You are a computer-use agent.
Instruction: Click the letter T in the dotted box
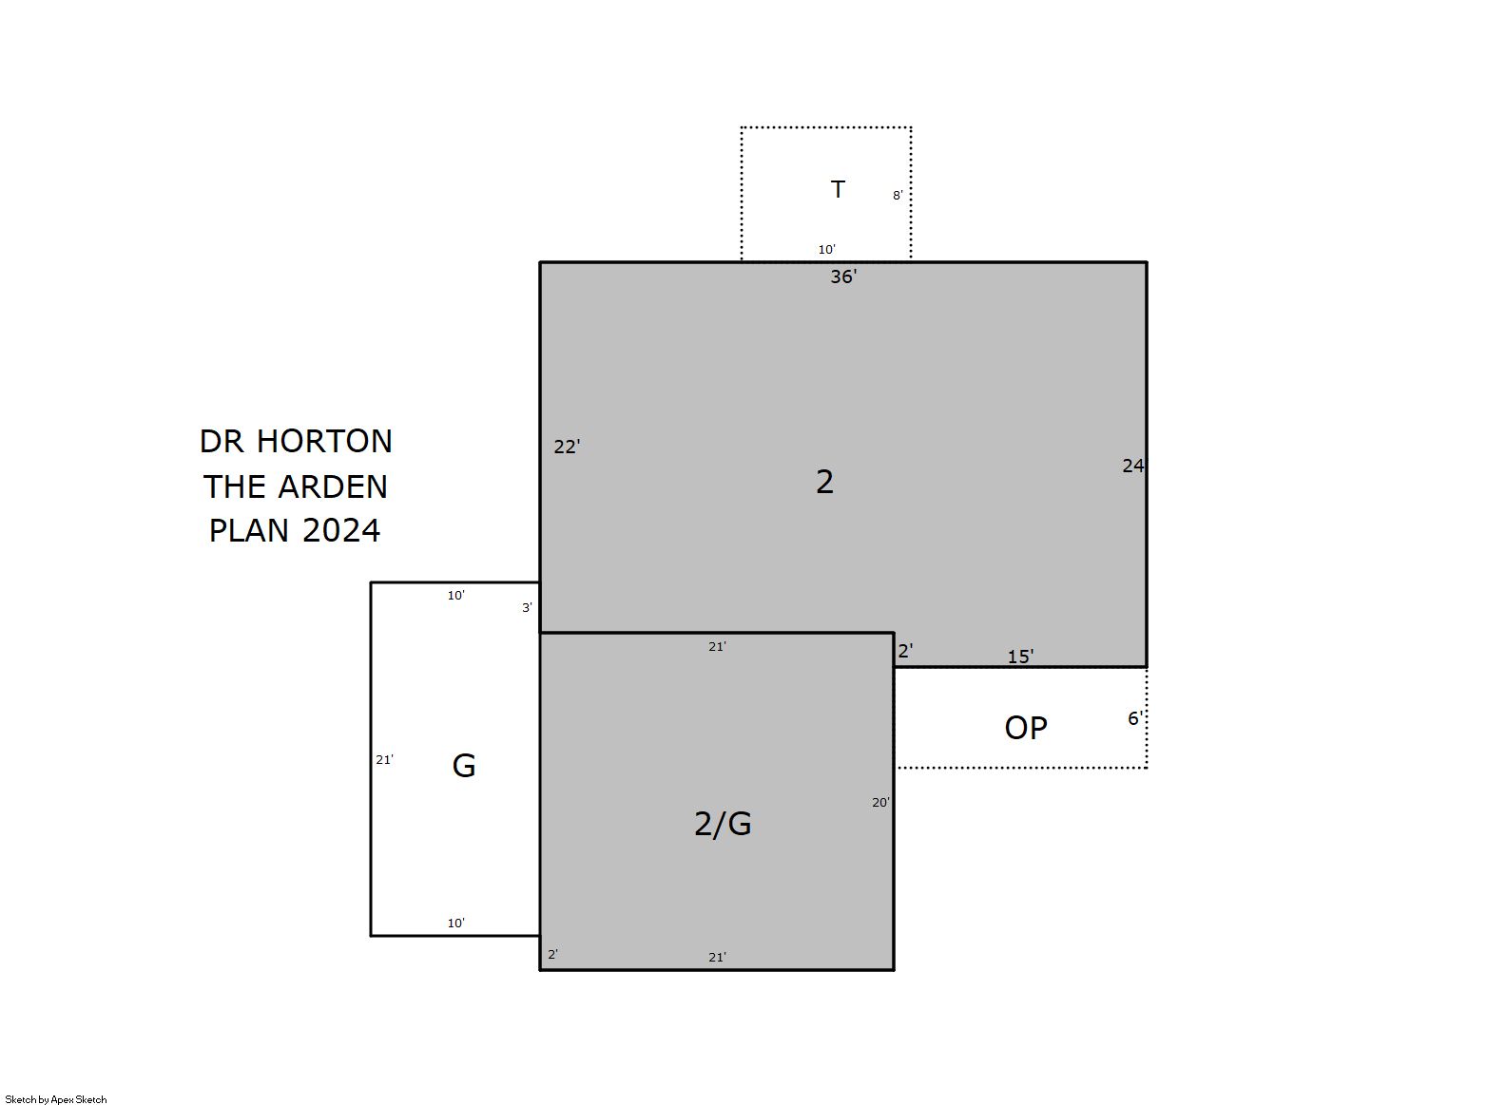coord(838,189)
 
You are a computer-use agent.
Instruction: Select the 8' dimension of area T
coord(898,196)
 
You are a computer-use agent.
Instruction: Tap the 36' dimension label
coord(843,276)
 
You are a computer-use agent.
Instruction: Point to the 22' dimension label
coord(567,447)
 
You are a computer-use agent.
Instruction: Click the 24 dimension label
coord(1133,466)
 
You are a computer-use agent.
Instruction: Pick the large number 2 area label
coord(825,482)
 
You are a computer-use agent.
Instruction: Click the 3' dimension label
coord(528,608)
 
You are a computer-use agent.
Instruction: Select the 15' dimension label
coord(1020,657)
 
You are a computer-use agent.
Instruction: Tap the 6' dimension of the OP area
coord(1135,718)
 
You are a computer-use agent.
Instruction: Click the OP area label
coord(1026,728)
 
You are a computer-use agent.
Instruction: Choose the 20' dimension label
coord(880,803)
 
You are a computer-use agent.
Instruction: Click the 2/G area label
coord(723,824)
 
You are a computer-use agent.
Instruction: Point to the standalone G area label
coord(464,766)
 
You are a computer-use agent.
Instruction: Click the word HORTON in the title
coord(324,442)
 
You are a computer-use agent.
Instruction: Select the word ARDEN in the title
coord(333,486)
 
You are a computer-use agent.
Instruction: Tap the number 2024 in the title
coord(341,530)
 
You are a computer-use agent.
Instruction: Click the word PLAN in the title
coord(249,530)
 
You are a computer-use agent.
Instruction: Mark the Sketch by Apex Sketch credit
coord(56,1099)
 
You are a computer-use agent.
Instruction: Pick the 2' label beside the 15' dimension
coord(905,651)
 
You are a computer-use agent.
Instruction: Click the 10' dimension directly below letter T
coord(827,249)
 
